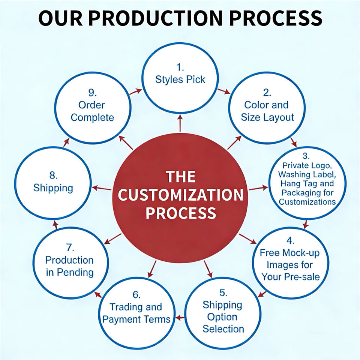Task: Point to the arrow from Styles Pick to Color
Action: (224, 91)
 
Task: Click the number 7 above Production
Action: (70, 247)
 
